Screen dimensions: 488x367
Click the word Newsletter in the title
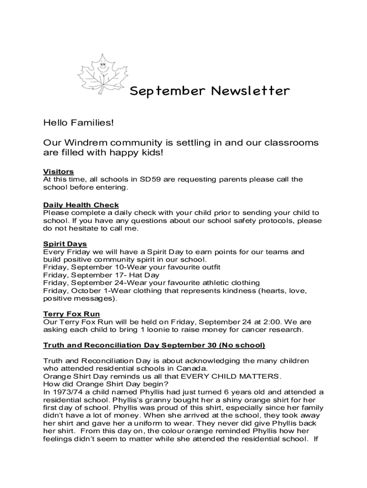tap(250, 91)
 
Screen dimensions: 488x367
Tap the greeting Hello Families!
tap(79, 123)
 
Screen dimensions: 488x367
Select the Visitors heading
tap(58, 172)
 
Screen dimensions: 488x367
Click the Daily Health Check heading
tap(81, 205)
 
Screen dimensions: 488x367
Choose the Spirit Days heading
tap(65, 244)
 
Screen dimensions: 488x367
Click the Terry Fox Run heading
tap(71, 314)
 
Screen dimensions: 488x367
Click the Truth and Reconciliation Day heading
tap(154, 345)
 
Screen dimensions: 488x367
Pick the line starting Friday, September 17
tap(101, 275)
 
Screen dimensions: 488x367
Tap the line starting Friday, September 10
tap(132, 267)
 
